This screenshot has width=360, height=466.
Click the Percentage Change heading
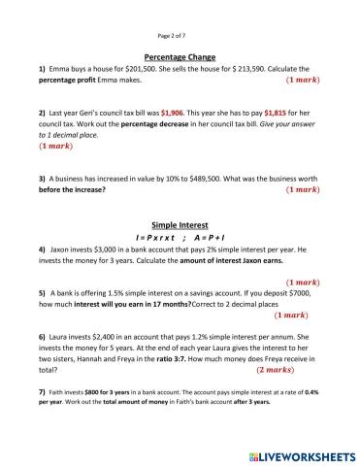pyautogui.click(x=179, y=57)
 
